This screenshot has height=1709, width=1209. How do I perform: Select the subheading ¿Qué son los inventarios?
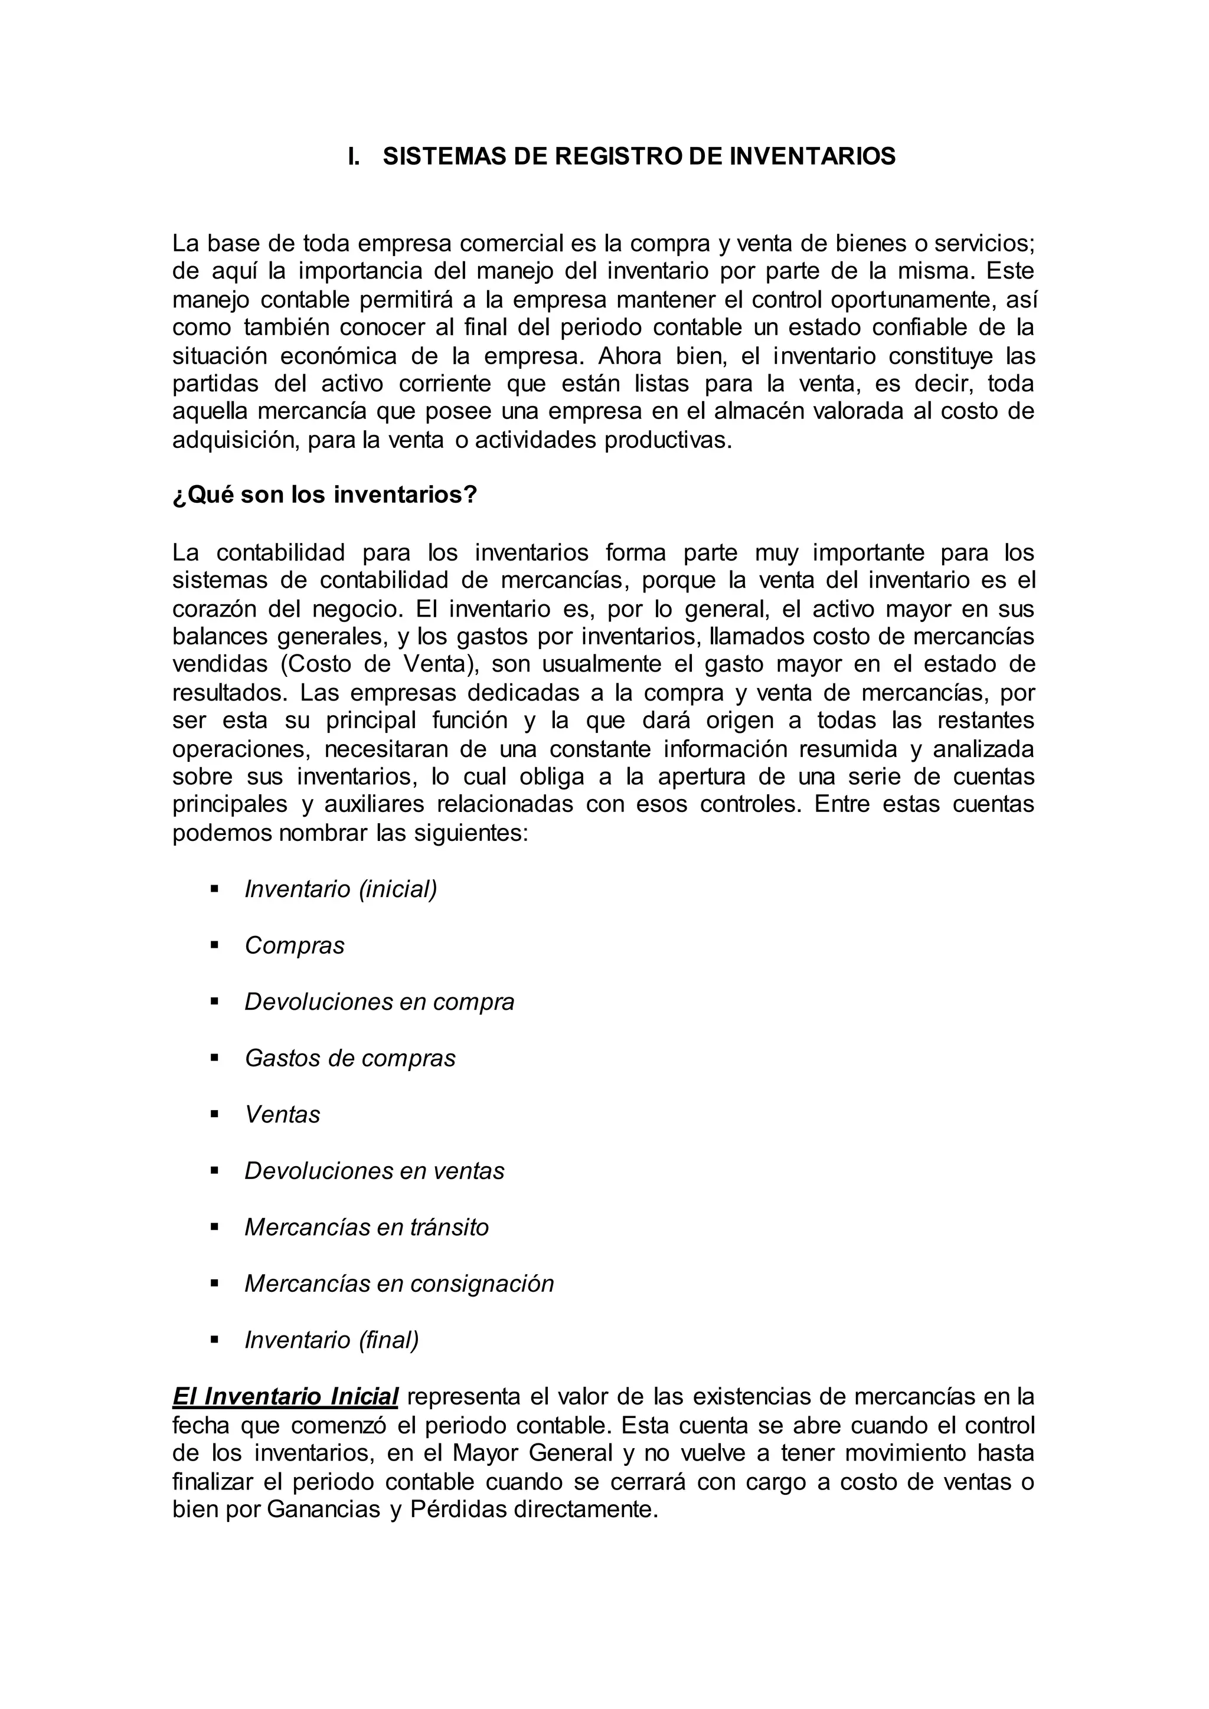(325, 495)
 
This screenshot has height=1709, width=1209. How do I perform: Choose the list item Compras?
(294, 945)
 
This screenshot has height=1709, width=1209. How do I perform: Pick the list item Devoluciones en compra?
(379, 1002)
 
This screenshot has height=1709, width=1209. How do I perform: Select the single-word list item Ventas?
(282, 1114)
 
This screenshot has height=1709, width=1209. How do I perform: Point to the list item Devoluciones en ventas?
(374, 1171)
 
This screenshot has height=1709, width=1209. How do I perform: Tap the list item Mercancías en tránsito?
(366, 1227)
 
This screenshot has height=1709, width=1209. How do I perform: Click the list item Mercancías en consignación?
(399, 1284)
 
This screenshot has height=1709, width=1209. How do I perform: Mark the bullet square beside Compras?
(214, 945)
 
